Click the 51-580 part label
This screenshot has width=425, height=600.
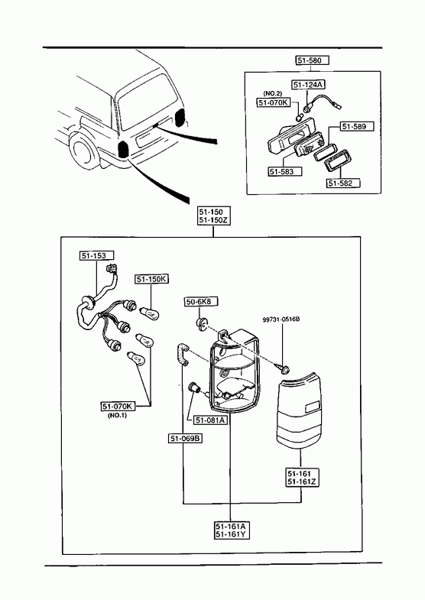[x=312, y=60]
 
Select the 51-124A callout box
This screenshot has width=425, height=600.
[x=309, y=85]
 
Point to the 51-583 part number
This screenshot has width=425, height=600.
[x=285, y=171]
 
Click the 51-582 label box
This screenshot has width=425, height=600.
[x=343, y=183]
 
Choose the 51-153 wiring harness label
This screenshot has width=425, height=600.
[x=92, y=255]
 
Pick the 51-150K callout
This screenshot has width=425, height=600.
[x=152, y=279]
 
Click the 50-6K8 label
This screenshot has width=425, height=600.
[x=202, y=302]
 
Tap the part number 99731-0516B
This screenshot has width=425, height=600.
[x=281, y=319]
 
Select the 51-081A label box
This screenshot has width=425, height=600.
[x=210, y=420]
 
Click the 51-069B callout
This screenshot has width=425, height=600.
[x=186, y=438]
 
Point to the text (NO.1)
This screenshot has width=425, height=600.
[x=117, y=415]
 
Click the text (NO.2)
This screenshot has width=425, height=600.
[x=272, y=93]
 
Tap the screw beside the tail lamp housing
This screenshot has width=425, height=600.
[x=284, y=368]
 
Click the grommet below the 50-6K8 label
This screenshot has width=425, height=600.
[x=202, y=324]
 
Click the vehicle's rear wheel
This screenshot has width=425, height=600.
[x=83, y=151]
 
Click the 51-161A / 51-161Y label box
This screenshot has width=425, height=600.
[x=230, y=530]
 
